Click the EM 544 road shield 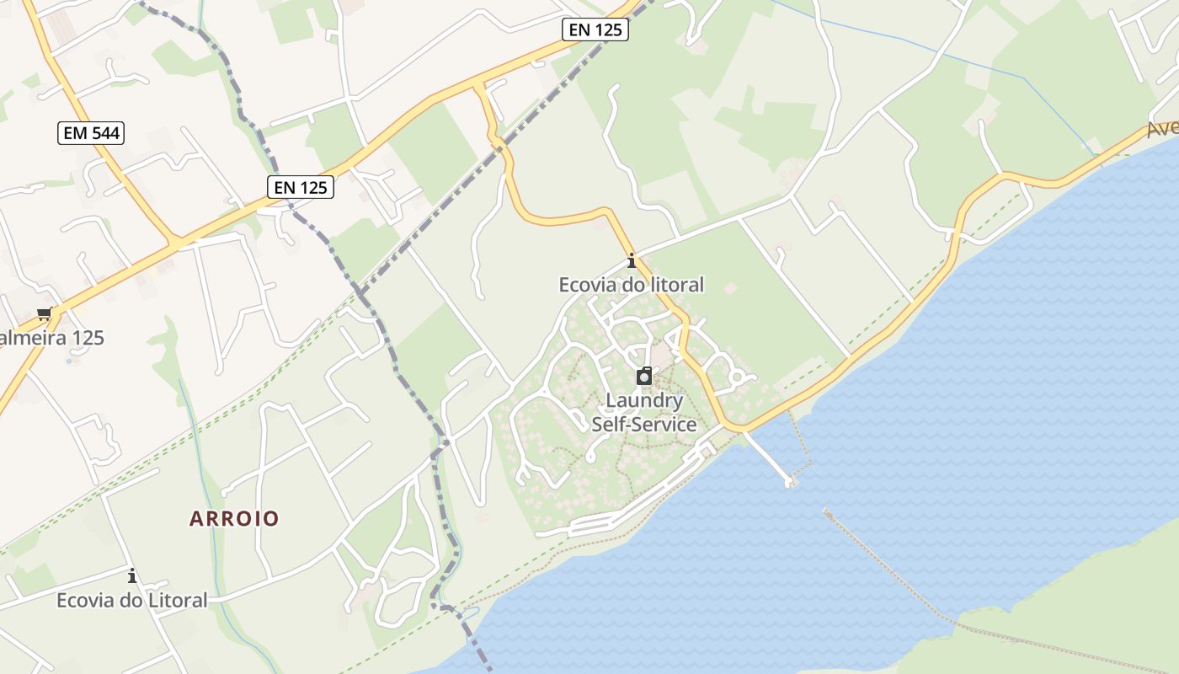coord(91,133)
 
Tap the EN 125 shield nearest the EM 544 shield coord(301,187)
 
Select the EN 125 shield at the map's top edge coord(595,30)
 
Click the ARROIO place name coord(234,518)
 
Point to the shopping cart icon coord(45,314)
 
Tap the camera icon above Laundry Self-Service coord(644,376)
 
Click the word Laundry coord(644,400)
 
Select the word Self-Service coord(644,424)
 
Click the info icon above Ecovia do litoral coord(632,260)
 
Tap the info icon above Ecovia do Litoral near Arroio coord(132,576)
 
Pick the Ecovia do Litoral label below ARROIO coord(132,601)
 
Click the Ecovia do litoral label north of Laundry coord(632,285)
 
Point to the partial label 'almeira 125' coord(52,338)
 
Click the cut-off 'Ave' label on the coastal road coord(1162,129)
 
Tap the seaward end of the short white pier coord(790,483)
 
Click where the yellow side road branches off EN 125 coord(480,86)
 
